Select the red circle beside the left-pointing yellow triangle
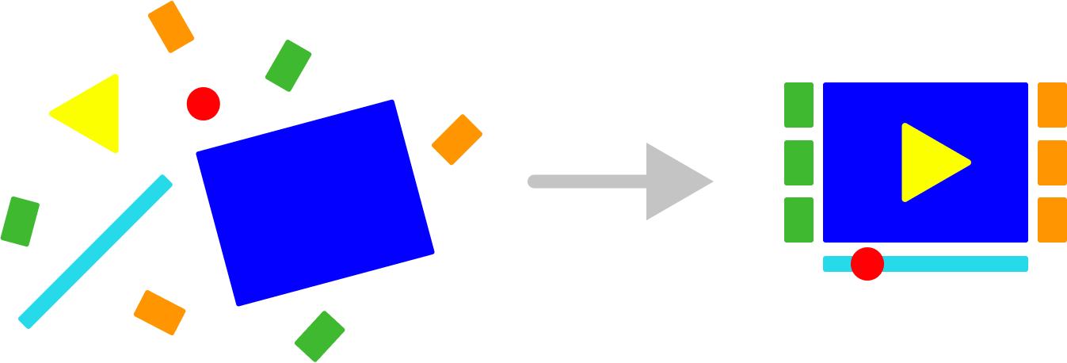pyautogui.click(x=203, y=104)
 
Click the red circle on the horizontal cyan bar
pyautogui.click(x=867, y=263)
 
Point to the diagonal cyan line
pyautogui.click(x=95, y=251)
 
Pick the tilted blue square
pyautogui.click(x=315, y=203)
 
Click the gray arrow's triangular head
pyautogui.click(x=673, y=181)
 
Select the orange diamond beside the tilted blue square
pyautogui.click(x=457, y=140)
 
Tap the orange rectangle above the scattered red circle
pyautogui.click(x=171, y=27)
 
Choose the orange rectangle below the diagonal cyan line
pyautogui.click(x=159, y=312)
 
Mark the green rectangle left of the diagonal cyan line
pyautogui.click(x=20, y=221)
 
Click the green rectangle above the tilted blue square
pyautogui.click(x=288, y=66)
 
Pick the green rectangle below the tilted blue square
pyautogui.click(x=320, y=336)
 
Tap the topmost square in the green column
pyautogui.click(x=798, y=105)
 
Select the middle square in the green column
pyautogui.click(x=798, y=162)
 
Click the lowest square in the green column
pyautogui.click(x=798, y=220)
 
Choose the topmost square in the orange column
pyautogui.click(x=1052, y=105)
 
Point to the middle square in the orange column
pyautogui.click(x=1052, y=162)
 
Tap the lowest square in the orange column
pyautogui.click(x=1052, y=220)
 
